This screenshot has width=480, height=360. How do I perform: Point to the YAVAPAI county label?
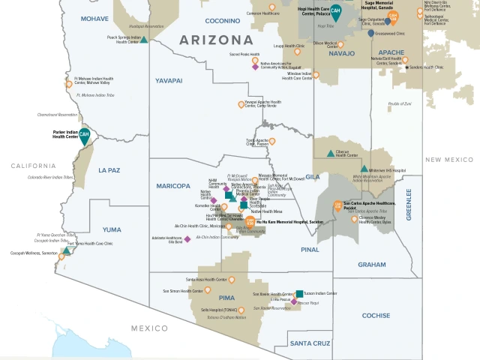(x=169, y=79)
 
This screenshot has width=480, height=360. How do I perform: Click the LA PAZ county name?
(x=109, y=170)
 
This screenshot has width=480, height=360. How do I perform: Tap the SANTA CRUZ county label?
(x=310, y=343)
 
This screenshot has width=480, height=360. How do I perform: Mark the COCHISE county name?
(x=376, y=316)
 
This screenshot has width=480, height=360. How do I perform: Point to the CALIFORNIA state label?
(x=28, y=166)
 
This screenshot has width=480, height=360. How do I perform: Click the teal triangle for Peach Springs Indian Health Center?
(x=144, y=38)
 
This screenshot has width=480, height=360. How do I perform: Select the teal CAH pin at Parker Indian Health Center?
(x=85, y=136)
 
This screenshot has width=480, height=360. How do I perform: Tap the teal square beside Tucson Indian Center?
(x=299, y=293)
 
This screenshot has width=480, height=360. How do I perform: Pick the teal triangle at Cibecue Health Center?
(x=330, y=153)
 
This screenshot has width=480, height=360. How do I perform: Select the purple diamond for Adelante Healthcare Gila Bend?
(x=188, y=239)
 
